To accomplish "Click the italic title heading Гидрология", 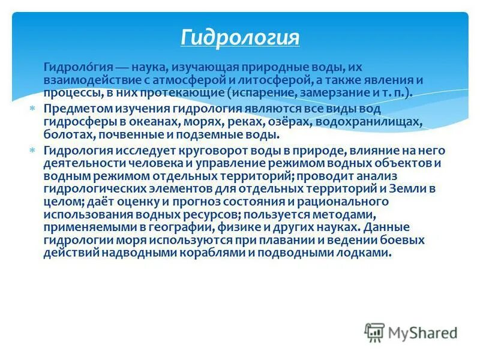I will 239,37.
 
